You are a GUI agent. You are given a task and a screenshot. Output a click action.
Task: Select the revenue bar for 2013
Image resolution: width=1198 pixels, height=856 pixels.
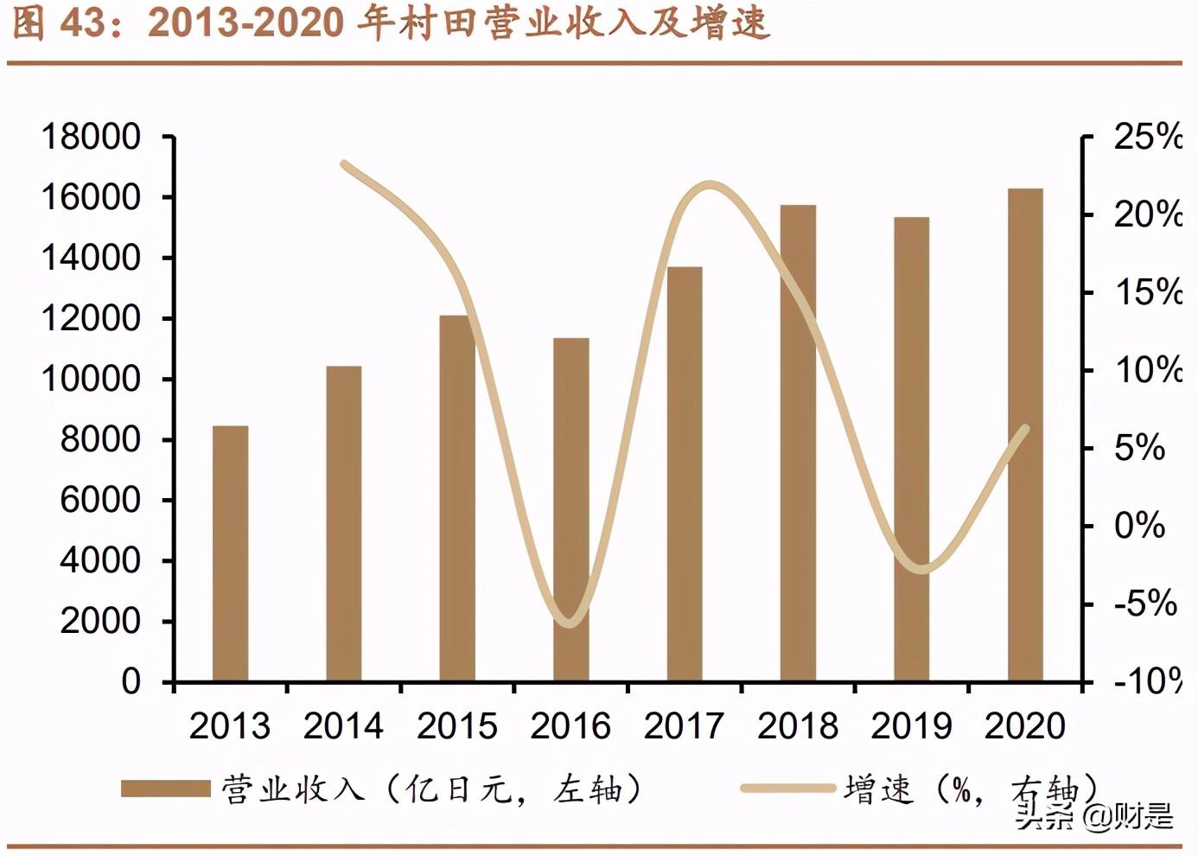230,553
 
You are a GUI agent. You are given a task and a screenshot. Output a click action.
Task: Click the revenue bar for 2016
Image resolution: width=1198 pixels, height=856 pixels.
570,510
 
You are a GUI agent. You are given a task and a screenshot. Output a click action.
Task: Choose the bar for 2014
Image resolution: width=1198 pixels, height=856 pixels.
343,524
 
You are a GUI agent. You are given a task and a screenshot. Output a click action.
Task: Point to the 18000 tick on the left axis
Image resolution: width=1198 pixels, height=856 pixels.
91,137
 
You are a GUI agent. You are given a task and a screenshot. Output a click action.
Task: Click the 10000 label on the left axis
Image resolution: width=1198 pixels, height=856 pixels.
91,379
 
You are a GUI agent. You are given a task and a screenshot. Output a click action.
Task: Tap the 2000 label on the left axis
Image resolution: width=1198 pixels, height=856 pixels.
99,621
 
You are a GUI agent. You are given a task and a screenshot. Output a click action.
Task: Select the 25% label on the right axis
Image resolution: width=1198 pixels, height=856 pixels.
1146,137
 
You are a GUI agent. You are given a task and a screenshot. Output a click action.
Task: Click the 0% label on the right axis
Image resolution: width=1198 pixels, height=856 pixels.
1139,526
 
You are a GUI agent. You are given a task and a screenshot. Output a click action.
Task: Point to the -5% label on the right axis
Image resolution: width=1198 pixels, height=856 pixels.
1144,604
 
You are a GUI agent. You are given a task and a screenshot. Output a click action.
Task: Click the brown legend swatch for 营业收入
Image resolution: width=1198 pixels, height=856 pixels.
165,789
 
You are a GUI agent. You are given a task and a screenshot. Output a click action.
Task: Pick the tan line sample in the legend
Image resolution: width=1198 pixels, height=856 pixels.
787,789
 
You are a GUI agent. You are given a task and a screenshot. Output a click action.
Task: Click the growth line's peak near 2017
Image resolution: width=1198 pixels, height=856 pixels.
710,184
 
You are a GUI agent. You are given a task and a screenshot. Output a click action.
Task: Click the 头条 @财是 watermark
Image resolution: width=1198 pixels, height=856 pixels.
1093,814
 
